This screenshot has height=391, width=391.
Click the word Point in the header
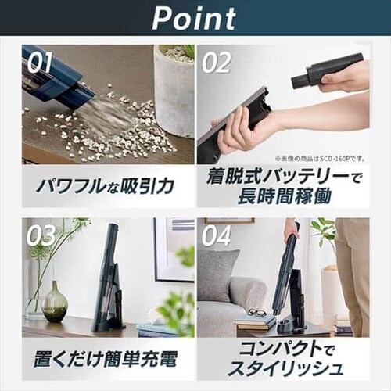pyautogui.click(x=195, y=17)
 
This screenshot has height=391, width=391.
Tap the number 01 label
pyautogui.click(x=40, y=63)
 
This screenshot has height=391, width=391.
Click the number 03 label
pyautogui.click(x=41, y=235)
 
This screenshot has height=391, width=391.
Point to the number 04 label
pyautogui.click(x=217, y=235)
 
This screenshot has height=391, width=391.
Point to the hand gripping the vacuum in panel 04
pyautogui.click(x=291, y=228)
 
